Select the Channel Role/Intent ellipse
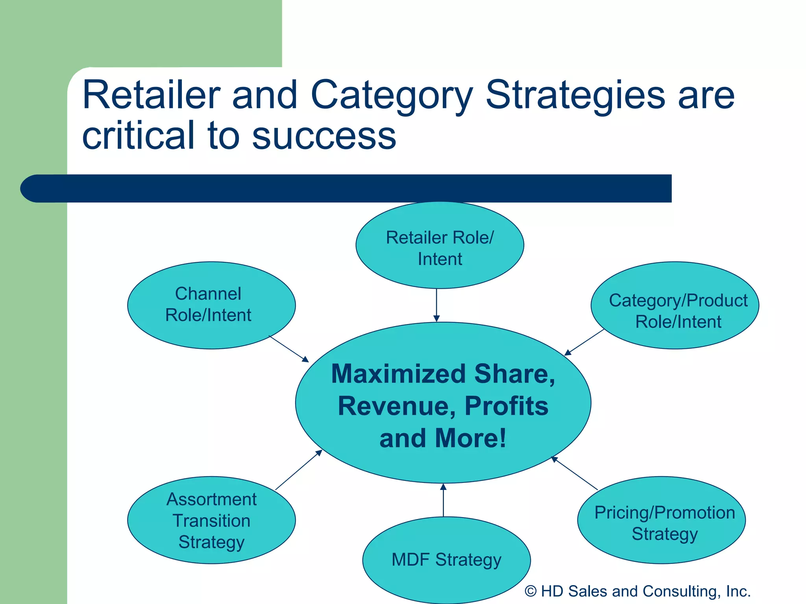coord(211,305)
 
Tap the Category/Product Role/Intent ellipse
coord(675,305)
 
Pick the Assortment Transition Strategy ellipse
coord(211,520)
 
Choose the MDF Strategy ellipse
coord(446,560)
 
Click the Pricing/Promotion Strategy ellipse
coord(661,520)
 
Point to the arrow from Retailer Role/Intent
coord(436,305)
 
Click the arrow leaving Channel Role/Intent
coord(289,349)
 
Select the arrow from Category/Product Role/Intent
coord(584,343)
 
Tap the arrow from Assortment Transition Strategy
coord(299,470)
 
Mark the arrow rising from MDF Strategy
coord(443,500)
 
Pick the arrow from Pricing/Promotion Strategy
coord(574,473)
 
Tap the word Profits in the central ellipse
coord(507,406)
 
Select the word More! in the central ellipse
coord(471,438)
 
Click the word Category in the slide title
coord(392,96)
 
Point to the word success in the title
coord(324,136)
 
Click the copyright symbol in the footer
coord(531,591)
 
